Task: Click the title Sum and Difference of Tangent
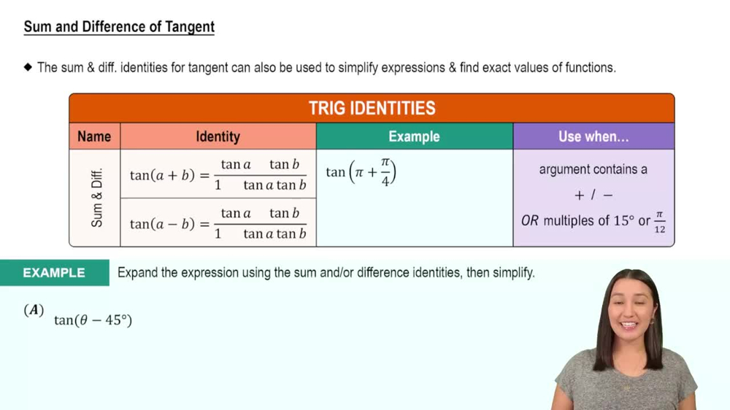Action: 119,27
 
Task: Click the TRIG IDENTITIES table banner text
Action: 372,109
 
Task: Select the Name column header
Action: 94,136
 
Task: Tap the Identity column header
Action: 218,136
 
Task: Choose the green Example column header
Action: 414,136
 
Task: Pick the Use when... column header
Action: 593,136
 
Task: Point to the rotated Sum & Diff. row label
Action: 97,198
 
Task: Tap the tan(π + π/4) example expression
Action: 361,173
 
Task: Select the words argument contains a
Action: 593,169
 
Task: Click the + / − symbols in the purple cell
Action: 593,196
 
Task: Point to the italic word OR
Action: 529,220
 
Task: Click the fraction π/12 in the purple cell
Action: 659,222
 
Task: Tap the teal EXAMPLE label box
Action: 54,273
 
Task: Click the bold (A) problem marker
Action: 34,310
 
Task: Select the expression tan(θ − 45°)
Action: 93,320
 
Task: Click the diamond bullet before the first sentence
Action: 28,68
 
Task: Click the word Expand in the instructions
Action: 137,273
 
